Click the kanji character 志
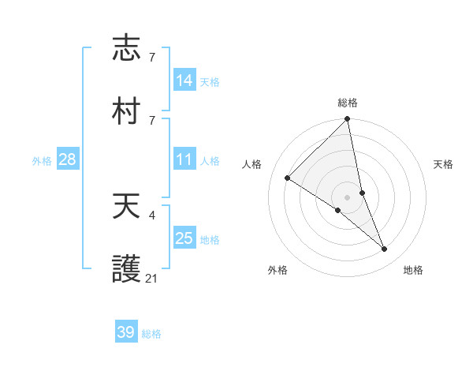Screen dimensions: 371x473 [127, 48]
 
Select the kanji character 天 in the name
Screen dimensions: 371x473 [127, 208]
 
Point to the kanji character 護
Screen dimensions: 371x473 [127, 270]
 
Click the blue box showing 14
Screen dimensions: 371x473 [184, 80]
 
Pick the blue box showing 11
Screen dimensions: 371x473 [184, 160]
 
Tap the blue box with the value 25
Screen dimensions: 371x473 [184, 238]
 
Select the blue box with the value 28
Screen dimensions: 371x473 [68, 160]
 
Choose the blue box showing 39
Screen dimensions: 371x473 [126, 332]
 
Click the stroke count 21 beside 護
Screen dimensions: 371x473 [152, 278]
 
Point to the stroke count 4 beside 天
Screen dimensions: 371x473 [151, 214]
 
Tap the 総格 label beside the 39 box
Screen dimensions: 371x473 [152, 334]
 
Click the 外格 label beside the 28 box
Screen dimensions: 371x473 [42, 161]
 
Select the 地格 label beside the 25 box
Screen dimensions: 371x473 [210, 240]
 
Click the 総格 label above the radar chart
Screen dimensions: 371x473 [348, 103]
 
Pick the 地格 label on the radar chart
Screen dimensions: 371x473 [413, 270]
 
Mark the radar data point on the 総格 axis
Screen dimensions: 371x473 [348, 120]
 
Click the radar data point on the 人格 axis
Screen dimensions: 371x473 [288, 178]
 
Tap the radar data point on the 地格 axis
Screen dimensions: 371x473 [385, 249]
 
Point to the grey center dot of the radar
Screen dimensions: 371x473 [348, 197]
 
